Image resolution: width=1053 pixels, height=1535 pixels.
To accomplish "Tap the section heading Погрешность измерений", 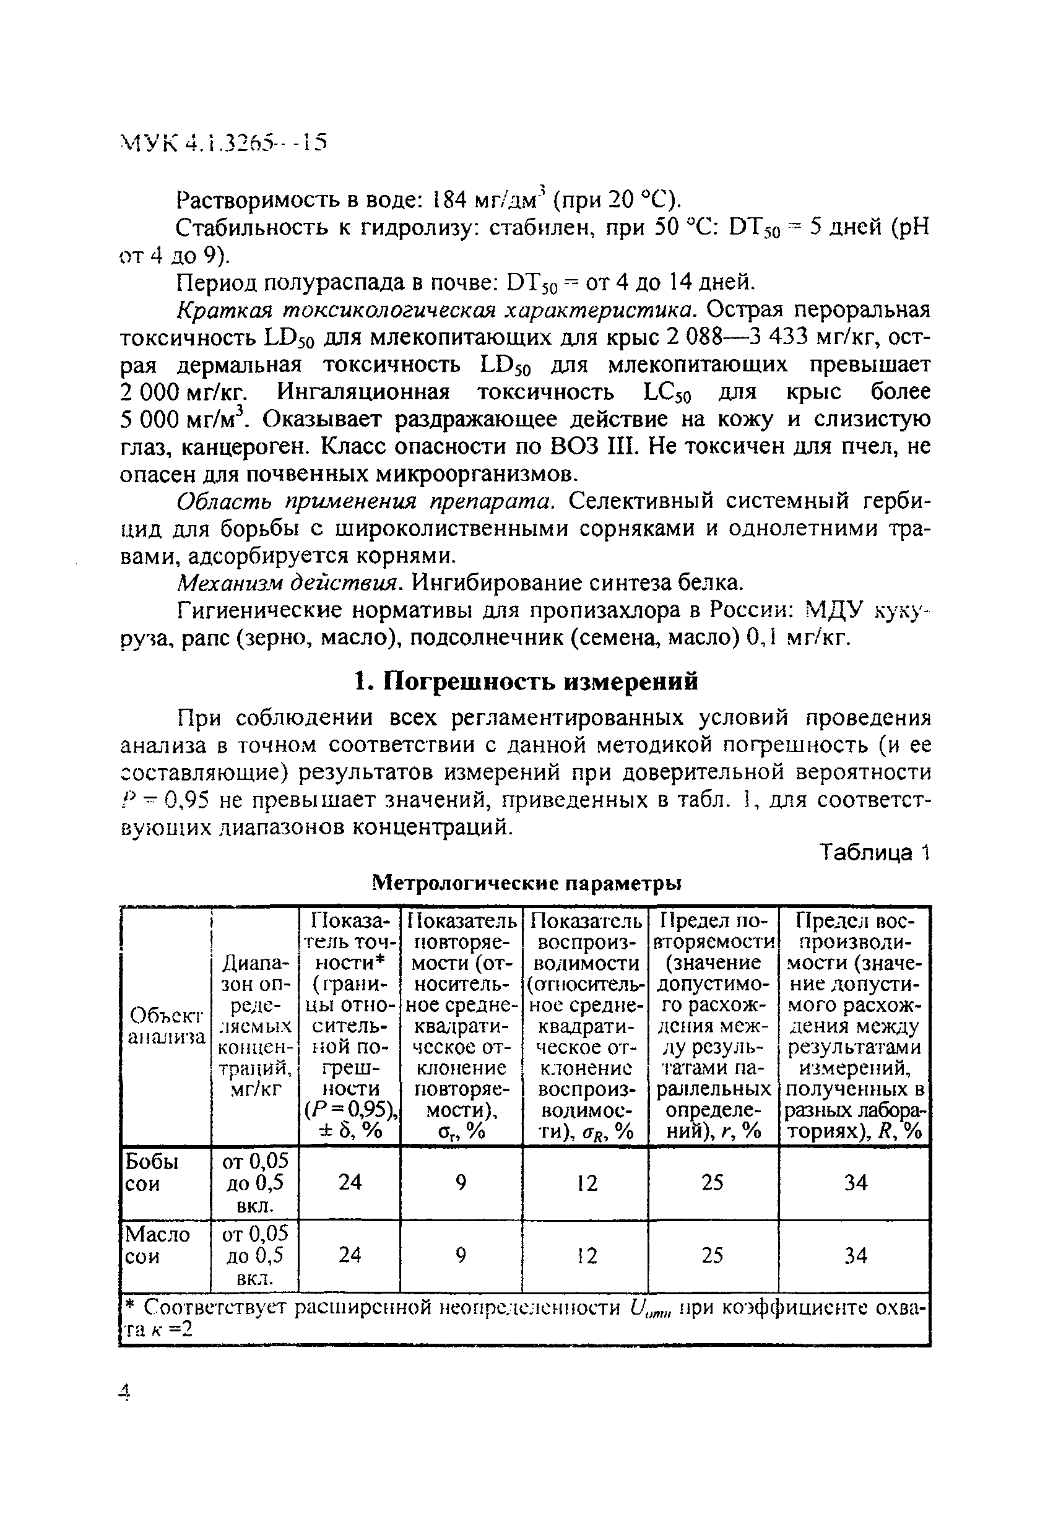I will click(526, 680).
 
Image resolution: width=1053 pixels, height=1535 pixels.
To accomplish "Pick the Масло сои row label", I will click(157, 1244).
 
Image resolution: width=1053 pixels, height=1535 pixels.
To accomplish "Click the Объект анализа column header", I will click(165, 1026).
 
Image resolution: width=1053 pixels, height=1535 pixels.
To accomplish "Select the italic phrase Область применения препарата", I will click(364, 501).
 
